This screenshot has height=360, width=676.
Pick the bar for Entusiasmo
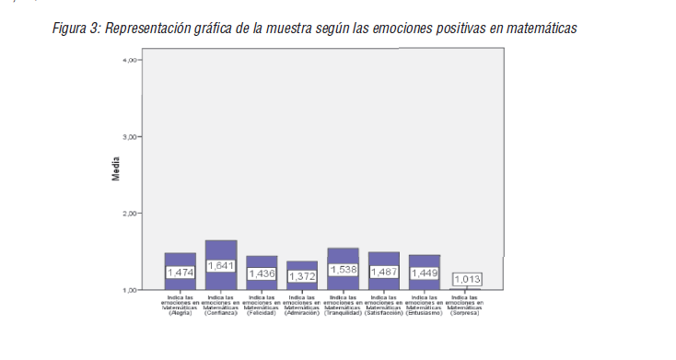[425, 261]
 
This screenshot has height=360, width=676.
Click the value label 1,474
[180, 273]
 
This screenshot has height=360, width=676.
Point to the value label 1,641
[221, 265]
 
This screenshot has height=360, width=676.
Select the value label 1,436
[262, 273]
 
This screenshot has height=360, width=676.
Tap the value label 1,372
[302, 276]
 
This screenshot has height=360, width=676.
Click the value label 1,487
[384, 272]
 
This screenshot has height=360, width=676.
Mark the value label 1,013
[467, 279]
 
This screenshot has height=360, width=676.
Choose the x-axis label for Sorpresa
[465, 305]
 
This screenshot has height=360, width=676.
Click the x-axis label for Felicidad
[262, 305]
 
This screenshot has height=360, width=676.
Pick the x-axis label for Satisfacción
[384, 305]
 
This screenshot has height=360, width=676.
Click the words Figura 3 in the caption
[77, 29]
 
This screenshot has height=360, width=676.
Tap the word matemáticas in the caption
[542, 29]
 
